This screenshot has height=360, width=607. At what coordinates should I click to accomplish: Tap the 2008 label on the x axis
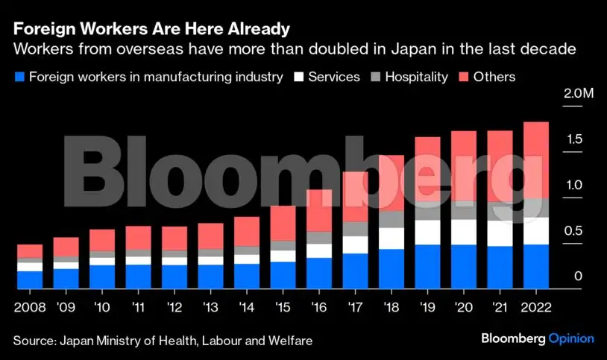click(29, 306)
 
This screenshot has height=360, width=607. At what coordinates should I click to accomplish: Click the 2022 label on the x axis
click(537, 306)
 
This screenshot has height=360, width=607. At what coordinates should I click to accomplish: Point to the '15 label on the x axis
click(283, 306)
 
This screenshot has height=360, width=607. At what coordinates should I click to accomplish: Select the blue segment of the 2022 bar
click(537, 266)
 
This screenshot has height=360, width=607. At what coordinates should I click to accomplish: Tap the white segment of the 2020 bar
click(464, 232)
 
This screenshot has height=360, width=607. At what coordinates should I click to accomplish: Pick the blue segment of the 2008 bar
click(30, 280)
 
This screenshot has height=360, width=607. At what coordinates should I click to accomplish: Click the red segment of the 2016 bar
click(319, 210)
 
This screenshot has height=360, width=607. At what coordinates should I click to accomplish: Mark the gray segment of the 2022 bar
click(537, 207)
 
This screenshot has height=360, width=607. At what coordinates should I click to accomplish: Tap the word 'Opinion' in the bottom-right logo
click(571, 339)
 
